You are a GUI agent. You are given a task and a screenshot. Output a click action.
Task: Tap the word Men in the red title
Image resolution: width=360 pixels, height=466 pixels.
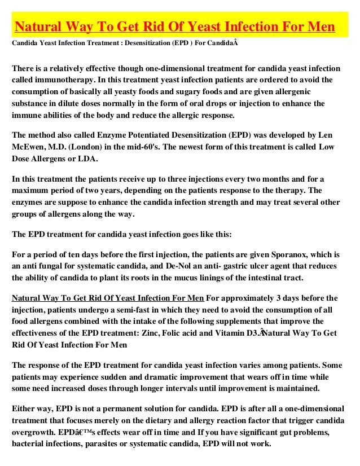tap(319, 27)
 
